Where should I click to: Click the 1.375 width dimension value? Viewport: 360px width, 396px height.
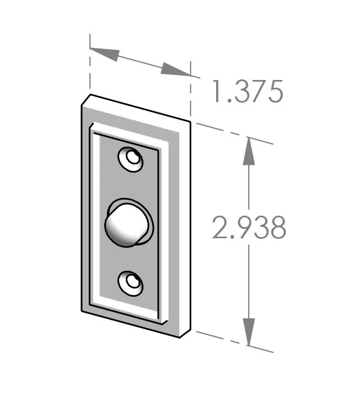(248, 92)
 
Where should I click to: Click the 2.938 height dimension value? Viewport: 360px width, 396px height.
(249, 228)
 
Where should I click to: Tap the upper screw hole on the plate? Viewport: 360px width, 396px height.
(131, 159)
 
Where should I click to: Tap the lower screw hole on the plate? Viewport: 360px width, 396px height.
(131, 283)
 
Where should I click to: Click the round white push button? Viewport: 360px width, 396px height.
(124, 224)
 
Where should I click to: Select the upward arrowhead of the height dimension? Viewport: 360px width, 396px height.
(249, 150)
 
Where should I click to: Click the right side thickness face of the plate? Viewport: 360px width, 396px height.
(186, 226)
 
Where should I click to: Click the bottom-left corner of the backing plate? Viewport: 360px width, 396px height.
(82, 311)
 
